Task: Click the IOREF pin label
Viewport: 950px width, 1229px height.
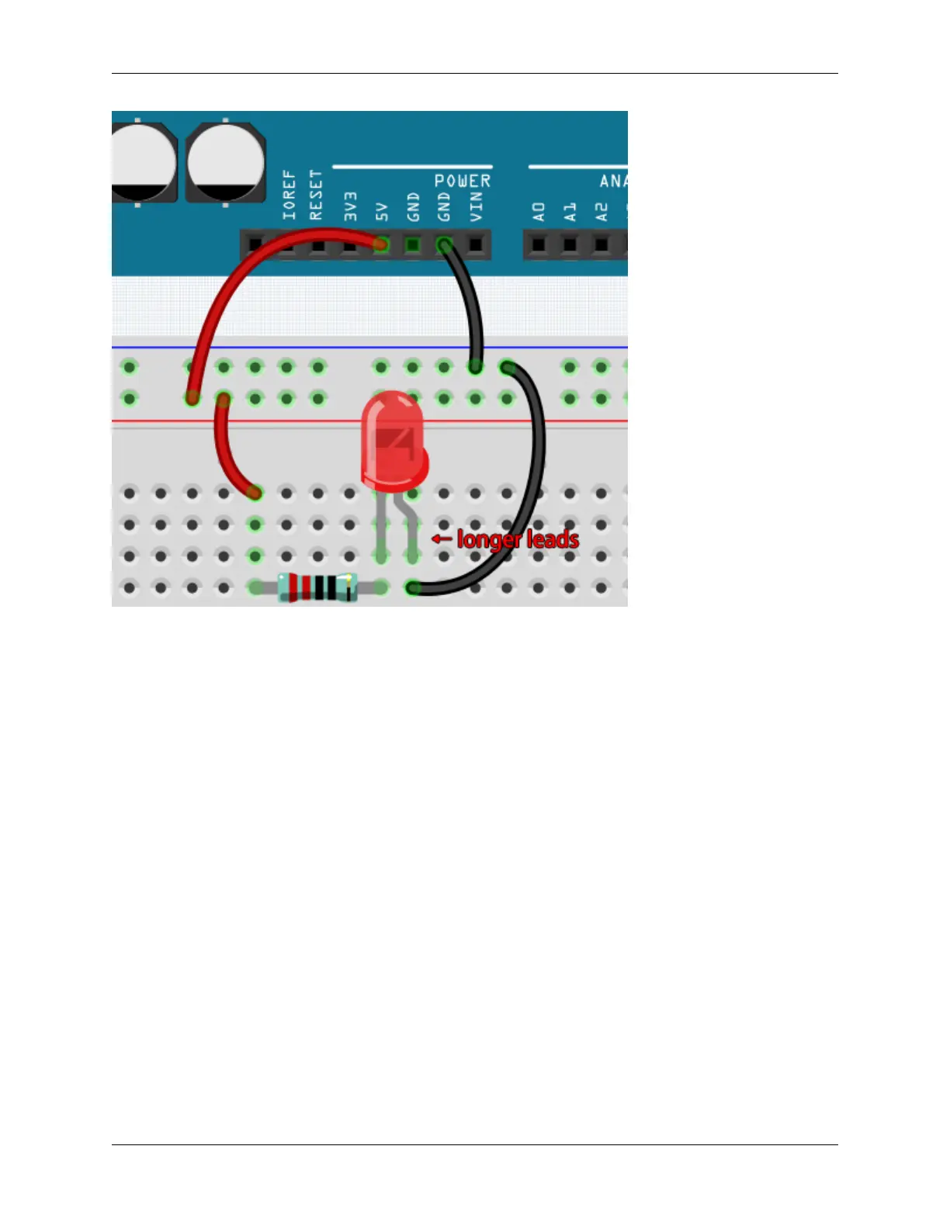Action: (289, 195)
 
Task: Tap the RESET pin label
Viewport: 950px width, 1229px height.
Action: (315, 195)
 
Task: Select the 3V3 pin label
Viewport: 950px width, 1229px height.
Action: (351, 206)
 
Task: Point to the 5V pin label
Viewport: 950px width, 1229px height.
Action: (382, 211)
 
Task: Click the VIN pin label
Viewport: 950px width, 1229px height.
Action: (476, 206)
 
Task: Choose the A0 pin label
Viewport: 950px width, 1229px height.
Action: (539, 211)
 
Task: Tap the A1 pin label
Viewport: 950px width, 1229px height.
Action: (570, 211)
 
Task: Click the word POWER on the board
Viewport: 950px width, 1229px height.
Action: (462, 181)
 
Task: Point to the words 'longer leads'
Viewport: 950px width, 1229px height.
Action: (518, 539)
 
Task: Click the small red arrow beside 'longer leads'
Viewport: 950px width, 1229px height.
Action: (442, 538)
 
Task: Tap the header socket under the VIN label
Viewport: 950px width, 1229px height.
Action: (476, 245)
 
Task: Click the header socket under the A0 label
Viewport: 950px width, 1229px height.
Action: (539, 245)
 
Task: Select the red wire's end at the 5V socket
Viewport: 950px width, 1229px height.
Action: (381, 245)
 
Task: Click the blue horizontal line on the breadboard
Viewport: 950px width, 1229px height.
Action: (369, 348)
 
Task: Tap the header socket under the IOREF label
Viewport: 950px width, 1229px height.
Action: (255, 245)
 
